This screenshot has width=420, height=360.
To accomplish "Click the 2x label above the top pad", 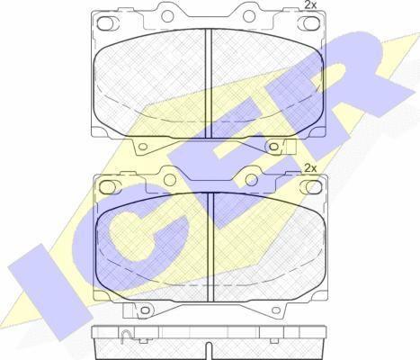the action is point(310,4).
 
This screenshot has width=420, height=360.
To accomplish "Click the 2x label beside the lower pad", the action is point(310,168).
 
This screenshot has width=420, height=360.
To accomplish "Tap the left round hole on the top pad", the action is point(168,15).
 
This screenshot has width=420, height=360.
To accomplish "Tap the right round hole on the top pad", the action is point(249,16).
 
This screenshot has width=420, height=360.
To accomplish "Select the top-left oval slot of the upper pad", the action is point(105,23).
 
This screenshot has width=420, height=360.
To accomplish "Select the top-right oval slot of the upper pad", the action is point(308,23).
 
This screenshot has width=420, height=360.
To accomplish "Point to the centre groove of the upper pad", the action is point(209,84).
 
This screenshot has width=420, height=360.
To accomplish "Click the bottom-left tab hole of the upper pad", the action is point(143,147).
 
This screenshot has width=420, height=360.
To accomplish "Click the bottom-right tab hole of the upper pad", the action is point(273,147).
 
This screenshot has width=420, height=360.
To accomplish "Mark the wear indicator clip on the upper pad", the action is point(290,147).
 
